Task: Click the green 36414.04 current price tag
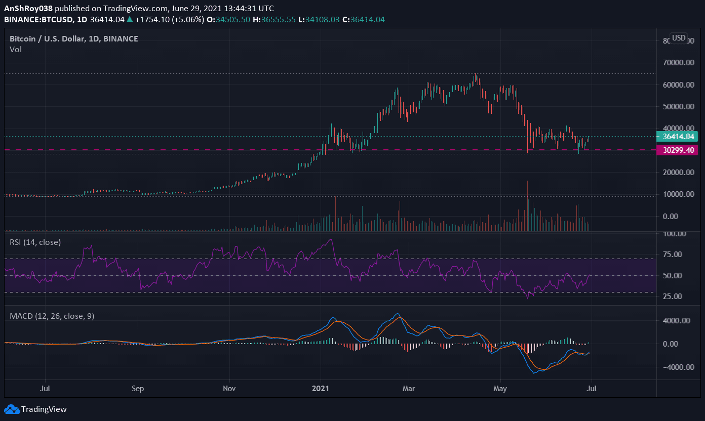677,136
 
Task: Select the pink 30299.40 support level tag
677,150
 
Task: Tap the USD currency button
678,38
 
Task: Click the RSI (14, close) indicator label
35,242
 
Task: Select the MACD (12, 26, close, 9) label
52,316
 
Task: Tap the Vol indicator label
16,50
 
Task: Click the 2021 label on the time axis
321,389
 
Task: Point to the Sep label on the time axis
138,389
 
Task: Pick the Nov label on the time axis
229,389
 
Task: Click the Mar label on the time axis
408,389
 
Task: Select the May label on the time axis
500,389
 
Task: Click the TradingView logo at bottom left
35,409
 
